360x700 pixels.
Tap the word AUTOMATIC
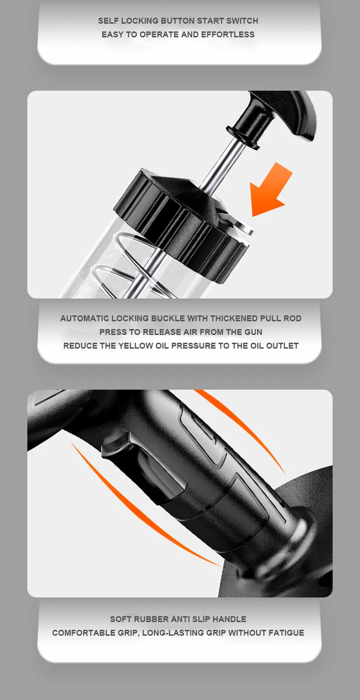tap(84, 319)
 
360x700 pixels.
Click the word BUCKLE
tap(168, 319)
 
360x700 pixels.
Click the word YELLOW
tap(135, 345)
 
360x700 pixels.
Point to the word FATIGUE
tap(286, 633)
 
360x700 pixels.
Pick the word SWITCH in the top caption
tap(242, 21)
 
